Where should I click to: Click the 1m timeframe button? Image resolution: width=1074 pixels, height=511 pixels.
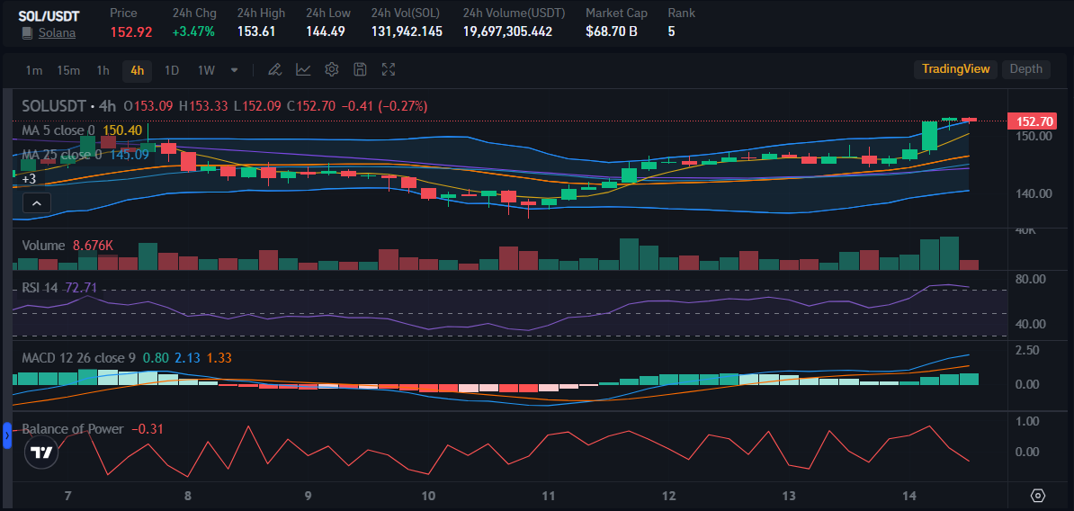(x=33, y=70)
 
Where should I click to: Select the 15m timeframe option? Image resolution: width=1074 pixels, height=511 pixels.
(x=68, y=70)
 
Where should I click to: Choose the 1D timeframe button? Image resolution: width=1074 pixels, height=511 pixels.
(x=172, y=70)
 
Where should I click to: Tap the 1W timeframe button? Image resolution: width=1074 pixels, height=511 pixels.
(x=206, y=70)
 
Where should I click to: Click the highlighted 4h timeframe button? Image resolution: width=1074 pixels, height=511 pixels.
(x=137, y=70)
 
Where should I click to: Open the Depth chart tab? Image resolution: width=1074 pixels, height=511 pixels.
(x=1025, y=69)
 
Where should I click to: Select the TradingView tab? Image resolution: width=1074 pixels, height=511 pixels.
(x=955, y=69)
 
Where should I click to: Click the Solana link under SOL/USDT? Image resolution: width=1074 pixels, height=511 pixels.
(x=57, y=32)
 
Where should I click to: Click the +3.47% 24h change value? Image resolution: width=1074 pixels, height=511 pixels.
(x=193, y=31)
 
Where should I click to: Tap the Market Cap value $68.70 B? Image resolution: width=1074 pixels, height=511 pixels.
(x=612, y=31)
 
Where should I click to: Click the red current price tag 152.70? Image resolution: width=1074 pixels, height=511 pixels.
(x=1034, y=121)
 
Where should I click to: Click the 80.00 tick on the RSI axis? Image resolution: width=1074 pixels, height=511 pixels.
(x=1030, y=279)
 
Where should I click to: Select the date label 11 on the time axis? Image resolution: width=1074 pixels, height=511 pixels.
(x=550, y=496)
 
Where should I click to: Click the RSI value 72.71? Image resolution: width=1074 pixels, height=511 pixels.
(x=81, y=288)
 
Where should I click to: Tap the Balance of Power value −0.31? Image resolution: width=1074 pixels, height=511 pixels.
(x=148, y=429)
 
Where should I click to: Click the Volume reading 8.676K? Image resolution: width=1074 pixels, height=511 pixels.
(x=93, y=246)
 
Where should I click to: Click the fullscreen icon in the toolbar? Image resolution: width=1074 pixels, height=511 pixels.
(x=389, y=69)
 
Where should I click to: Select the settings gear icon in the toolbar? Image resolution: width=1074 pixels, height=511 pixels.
(x=331, y=69)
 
